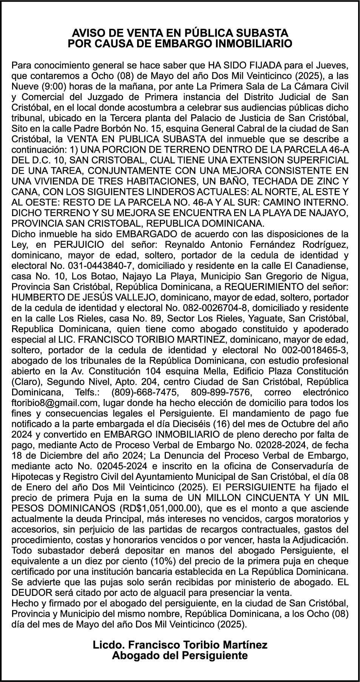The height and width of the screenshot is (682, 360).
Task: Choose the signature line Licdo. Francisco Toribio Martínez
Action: [180, 644]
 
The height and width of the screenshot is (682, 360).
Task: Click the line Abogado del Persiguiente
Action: [180, 655]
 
